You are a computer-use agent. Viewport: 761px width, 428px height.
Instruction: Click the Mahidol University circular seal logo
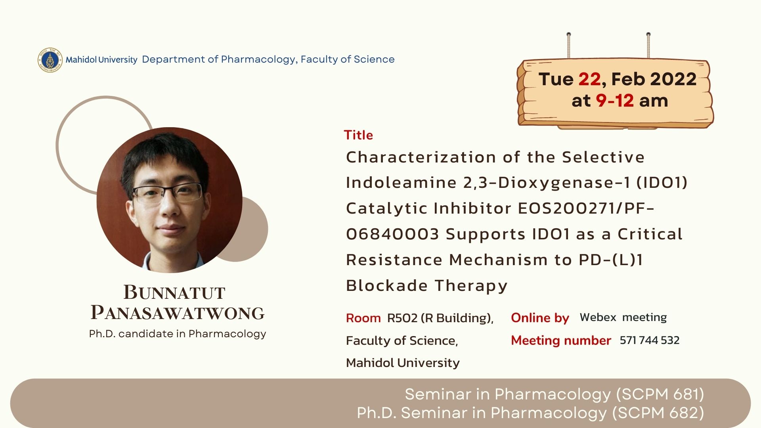50,60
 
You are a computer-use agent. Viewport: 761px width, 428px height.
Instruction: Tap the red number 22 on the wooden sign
589,79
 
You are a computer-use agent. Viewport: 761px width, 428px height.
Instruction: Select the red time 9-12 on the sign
615,101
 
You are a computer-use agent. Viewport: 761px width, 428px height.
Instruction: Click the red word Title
358,135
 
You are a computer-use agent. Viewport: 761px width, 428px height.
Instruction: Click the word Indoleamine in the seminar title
401,183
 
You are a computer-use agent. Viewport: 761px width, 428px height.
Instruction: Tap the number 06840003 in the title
392,234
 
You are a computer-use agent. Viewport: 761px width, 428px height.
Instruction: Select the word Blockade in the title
387,285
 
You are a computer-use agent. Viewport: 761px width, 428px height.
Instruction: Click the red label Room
363,318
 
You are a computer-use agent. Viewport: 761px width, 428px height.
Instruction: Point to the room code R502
402,318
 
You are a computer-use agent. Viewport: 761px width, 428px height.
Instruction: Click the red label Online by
540,318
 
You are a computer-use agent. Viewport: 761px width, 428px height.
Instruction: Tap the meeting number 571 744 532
650,340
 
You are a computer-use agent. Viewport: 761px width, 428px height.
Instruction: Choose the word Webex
598,317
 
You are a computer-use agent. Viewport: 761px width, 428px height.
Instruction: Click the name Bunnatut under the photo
174,292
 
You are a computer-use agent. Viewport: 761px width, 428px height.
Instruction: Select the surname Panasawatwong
178,313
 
